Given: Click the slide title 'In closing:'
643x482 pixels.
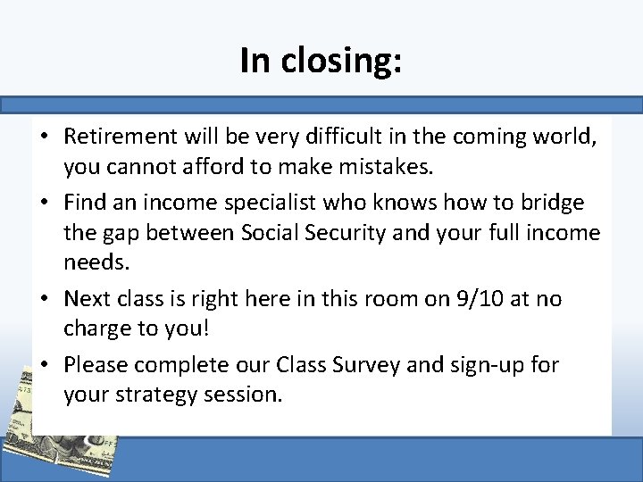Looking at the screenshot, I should pyautogui.click(x=321, y=60).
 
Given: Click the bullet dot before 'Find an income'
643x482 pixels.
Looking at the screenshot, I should pyautogui.click(x=46, y=204).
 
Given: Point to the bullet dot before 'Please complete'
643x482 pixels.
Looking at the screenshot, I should pyautogui.click(x=46, y=365).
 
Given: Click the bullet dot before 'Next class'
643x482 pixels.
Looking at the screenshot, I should pyautogui.click(x=46, y=299).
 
